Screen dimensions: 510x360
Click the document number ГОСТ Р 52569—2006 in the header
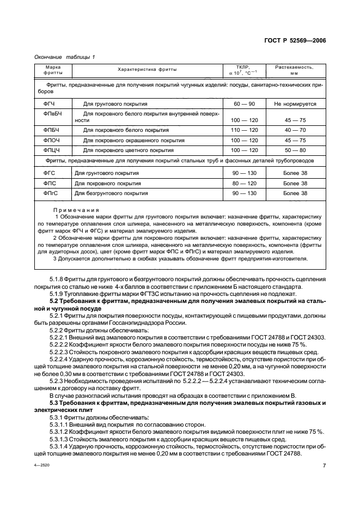(297, 40)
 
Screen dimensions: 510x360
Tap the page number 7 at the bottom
(324, 466)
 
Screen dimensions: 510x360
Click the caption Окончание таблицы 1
(64, 57)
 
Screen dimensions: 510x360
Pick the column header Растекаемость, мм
(294, 70)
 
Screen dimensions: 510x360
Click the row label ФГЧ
(50, 104)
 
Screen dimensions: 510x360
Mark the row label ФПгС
(51, 193)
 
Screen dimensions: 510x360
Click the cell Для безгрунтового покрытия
(108, 193)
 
